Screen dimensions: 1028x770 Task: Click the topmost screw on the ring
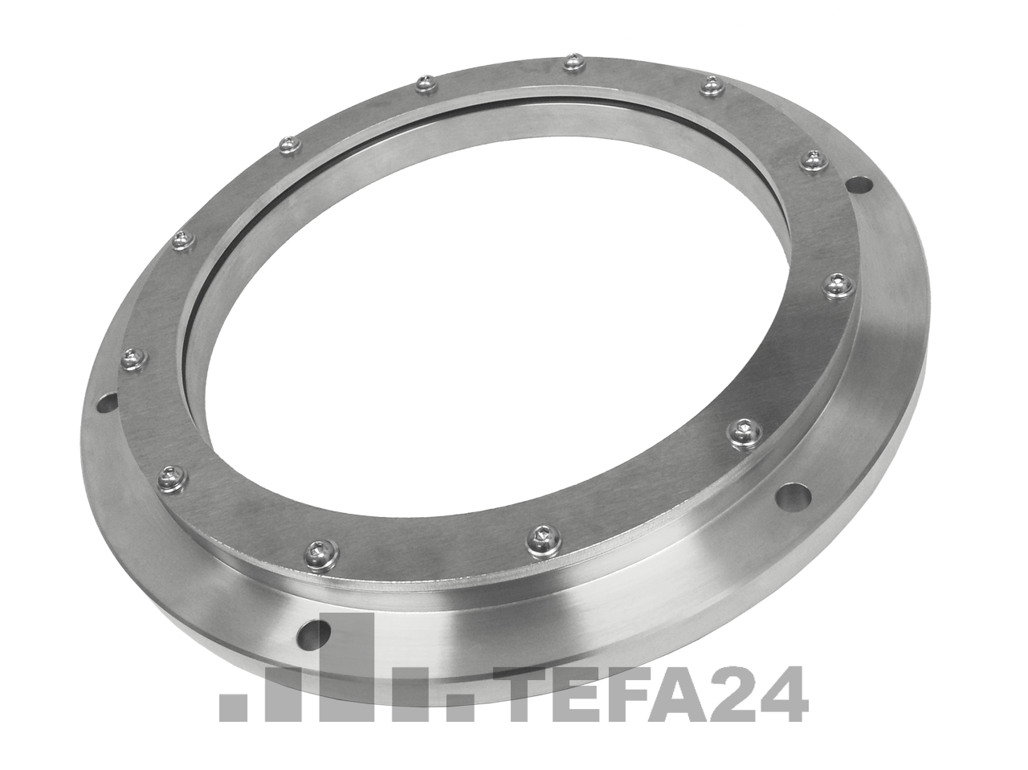coord(573,61)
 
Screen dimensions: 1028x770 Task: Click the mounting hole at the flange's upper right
coord(861,183)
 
